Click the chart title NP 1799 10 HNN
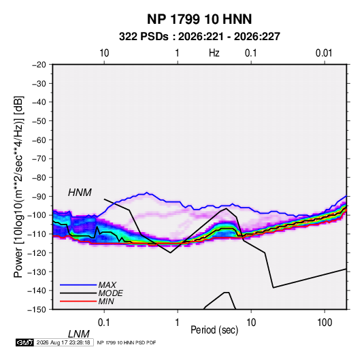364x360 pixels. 199,19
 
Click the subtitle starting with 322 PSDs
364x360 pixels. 199,37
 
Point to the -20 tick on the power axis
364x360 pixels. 39,65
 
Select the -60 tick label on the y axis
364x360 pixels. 39,140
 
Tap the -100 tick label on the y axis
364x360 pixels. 37,215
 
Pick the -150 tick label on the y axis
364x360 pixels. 37,310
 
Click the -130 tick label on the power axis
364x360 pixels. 37,272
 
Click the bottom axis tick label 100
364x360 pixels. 325,323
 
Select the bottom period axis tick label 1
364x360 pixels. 178,323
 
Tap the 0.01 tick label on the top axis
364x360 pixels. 324,53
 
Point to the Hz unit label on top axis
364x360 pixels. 214,53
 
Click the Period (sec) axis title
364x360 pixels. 214,330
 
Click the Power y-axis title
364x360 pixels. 18,187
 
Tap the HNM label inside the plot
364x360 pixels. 80,193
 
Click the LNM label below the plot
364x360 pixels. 79,334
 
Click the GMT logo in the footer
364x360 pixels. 24,342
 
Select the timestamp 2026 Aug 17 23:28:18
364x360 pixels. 63,342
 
